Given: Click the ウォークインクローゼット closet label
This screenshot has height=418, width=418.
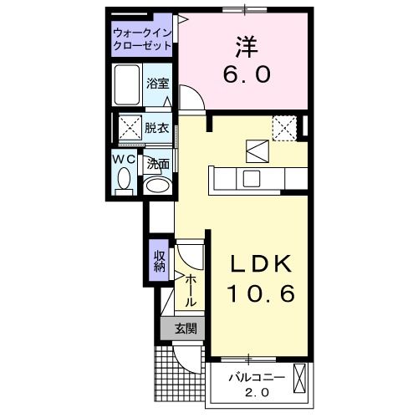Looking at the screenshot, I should click(142, 39).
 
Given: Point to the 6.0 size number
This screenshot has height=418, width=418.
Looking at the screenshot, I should click(245, 75).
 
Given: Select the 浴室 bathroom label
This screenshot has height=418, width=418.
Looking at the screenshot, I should click(156, 83).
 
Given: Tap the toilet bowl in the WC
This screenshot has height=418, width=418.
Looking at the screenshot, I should click(125, 179).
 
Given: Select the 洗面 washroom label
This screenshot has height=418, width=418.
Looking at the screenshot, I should click(158, 165).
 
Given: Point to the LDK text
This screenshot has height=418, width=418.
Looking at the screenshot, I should click(261, 265).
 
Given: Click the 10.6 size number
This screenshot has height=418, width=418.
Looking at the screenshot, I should click(261, 295).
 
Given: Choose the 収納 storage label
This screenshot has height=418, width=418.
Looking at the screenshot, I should click(159, 262).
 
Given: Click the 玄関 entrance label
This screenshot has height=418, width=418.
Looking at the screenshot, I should click(186, 329).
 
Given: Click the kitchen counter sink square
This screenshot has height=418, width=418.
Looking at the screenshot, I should click(251, 178).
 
